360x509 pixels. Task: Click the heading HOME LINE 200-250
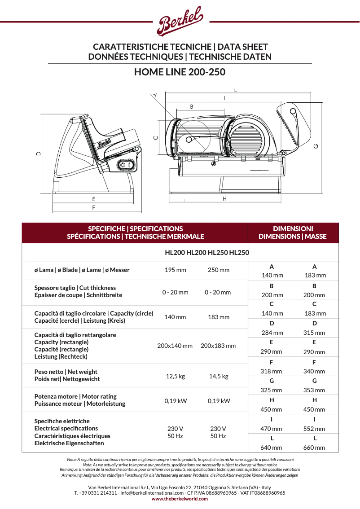tap(180, 72)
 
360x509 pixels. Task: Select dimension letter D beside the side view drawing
tap(39, 154)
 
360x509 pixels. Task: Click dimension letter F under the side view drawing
tap(93, 208)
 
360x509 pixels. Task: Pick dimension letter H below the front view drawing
tap(224, 198)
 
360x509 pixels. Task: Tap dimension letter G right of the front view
tap(316, 146)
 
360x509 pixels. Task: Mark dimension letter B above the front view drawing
tap(192, 107)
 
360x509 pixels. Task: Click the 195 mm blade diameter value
tap(175, 270)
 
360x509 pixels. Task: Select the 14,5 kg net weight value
tap(219, 376)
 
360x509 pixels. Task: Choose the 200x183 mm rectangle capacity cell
tap(218, 346)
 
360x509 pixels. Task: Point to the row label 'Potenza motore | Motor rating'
tap(75, 396)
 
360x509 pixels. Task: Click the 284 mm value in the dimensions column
tap(272, 333)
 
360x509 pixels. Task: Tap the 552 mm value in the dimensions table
tap(314, 429)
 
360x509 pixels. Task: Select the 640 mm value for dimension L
tap(272, 448)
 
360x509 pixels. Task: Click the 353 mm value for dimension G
tap(314, 390)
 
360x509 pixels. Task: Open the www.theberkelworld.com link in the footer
tap(180, 499)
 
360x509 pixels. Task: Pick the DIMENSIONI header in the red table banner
tap(293, 229)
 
